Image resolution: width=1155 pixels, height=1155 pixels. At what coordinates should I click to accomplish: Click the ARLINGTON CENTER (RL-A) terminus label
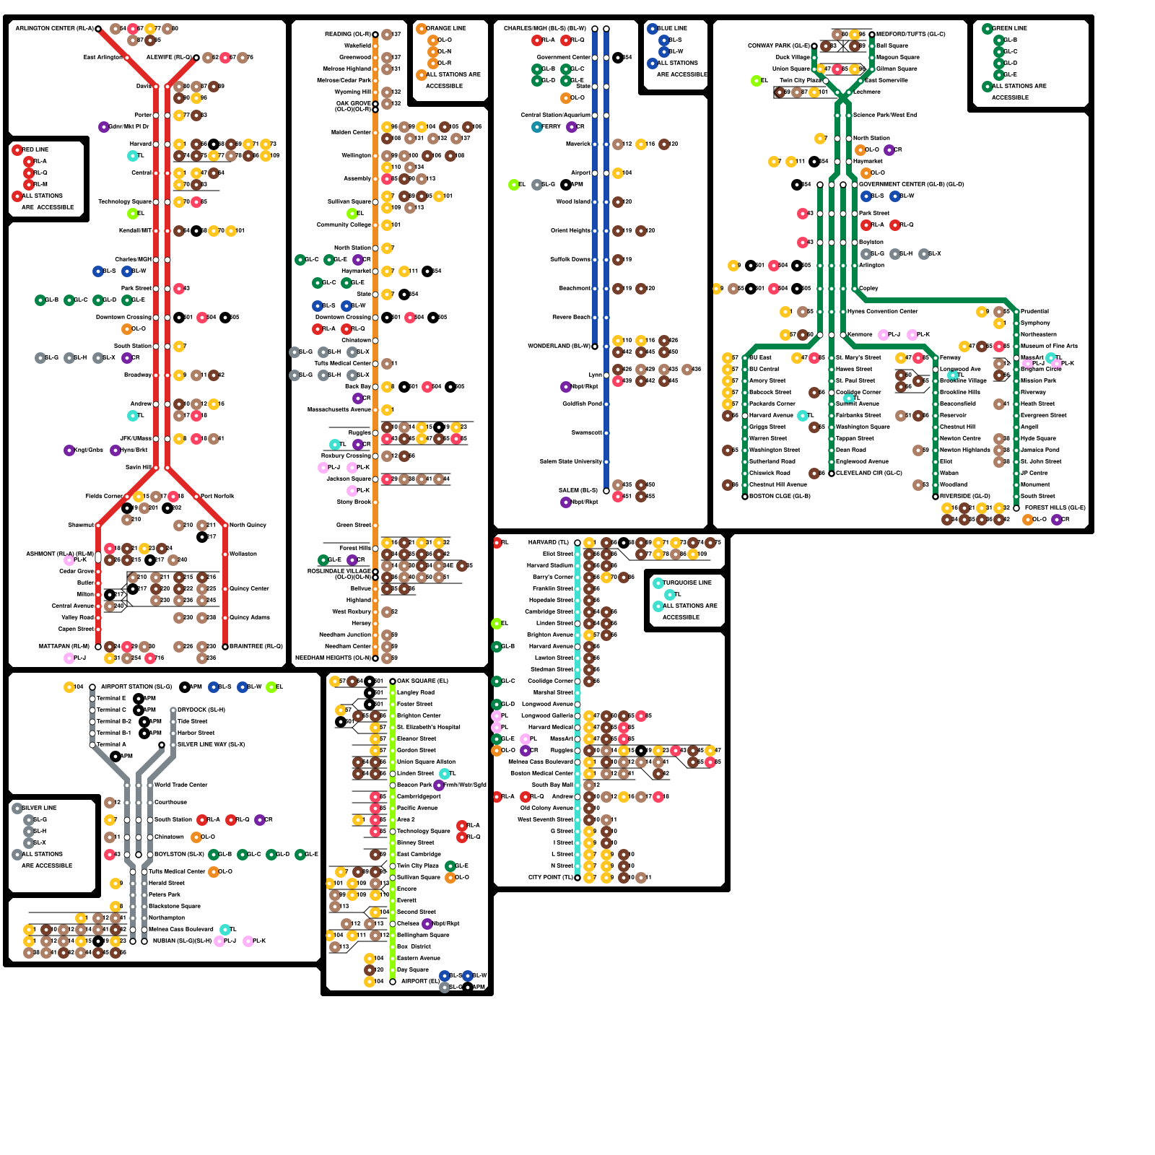pos(55,28)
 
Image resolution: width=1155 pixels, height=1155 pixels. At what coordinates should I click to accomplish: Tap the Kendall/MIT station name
pos(135,230)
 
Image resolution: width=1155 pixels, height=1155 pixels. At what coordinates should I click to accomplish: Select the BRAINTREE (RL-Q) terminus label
pos(256,646)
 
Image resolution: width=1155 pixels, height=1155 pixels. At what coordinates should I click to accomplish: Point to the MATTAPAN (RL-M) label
pos(64,646)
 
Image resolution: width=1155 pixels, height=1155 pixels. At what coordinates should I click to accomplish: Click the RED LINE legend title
pos(35,149)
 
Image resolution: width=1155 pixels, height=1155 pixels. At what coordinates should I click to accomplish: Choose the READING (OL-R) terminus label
pos(347,34)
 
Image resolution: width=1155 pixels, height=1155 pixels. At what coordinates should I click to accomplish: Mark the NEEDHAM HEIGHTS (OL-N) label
pos(333,658)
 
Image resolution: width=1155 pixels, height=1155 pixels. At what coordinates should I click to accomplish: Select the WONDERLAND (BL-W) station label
pos(559,346)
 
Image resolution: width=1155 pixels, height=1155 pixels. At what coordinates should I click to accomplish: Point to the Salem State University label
pos(570,461)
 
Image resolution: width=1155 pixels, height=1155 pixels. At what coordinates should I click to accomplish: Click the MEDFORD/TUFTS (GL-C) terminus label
pos(911,34)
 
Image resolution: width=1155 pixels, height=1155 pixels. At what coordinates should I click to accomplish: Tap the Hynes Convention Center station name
pos(883,311)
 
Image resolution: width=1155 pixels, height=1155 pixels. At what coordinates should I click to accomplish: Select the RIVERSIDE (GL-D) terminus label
pos(965,496)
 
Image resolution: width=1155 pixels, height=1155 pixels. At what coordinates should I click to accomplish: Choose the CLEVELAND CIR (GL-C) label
pos(869,473)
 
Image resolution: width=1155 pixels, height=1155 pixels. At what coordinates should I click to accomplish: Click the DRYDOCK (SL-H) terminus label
pos(201,710)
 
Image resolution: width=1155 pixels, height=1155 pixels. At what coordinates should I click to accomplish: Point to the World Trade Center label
pos(180,785)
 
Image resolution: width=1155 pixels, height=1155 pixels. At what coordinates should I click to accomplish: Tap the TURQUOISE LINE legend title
pos(687,583)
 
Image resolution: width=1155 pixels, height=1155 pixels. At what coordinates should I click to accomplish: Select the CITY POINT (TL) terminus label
pos(551,877)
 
